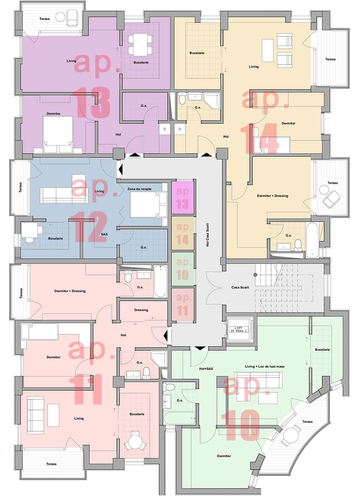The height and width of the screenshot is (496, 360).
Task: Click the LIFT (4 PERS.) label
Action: point(238,329)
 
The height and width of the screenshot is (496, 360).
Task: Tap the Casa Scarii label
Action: point(240,287)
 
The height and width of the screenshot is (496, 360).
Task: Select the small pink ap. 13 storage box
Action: point(183,198)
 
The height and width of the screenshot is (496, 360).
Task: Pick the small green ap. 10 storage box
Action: point(183,269)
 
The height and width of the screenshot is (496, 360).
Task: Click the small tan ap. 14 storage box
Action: point(183,233)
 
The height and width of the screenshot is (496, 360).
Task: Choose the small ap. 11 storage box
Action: point(183,304)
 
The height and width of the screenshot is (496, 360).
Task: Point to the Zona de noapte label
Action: point(139,189)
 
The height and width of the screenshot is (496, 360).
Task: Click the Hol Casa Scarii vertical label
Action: point(208,234)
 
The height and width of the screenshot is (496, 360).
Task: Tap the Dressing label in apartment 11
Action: point(141,310)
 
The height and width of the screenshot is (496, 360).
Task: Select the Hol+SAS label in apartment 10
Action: point(206,368)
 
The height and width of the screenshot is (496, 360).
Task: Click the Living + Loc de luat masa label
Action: point(264,366)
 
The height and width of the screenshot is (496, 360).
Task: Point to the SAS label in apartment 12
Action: point(104,234)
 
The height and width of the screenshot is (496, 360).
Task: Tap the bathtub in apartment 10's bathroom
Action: point(179,418)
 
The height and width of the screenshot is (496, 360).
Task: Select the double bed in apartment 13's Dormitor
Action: point(58,134)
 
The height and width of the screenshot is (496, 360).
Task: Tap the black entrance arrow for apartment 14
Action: point(206,154)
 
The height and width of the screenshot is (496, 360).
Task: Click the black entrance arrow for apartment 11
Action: point(165,336)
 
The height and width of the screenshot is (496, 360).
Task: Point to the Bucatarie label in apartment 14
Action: point(197,53)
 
